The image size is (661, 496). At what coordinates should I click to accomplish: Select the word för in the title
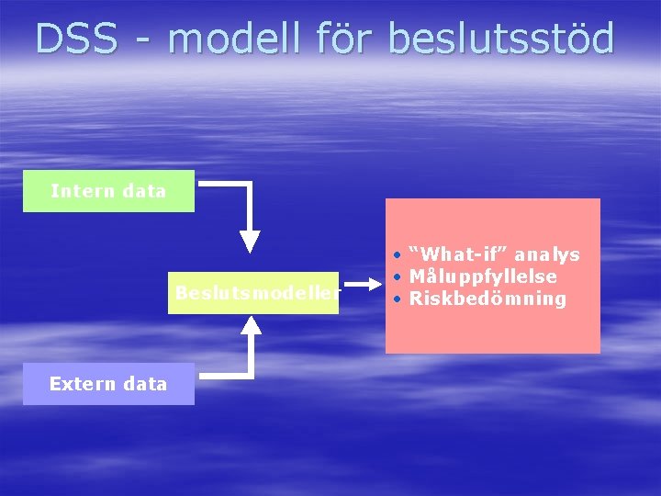349,39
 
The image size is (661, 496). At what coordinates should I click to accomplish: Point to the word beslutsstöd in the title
500,39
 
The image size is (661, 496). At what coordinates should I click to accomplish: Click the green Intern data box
108,191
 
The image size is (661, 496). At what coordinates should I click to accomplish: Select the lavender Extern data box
108,384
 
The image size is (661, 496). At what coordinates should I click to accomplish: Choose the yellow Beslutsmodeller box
253,293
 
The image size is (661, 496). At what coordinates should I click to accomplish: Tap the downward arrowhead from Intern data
251,242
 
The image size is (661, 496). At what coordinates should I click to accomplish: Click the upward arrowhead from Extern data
251,323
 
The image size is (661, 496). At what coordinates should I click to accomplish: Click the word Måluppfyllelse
483,276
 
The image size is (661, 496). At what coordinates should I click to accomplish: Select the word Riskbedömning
487,299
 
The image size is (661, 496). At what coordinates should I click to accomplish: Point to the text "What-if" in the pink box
452,254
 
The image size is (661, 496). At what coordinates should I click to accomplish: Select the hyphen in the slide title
143,40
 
